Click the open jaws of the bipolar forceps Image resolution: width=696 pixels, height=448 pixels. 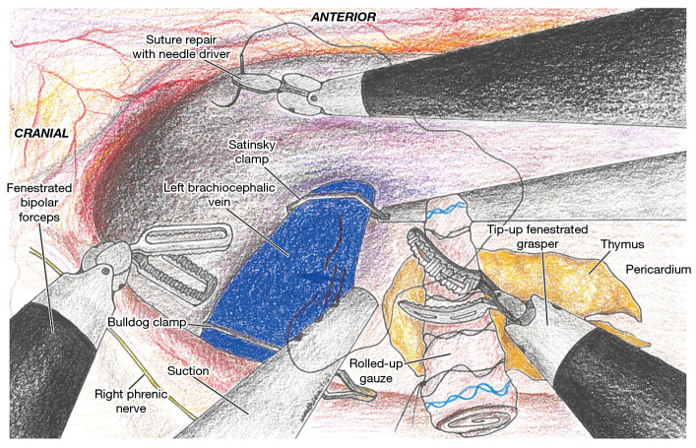pos(177,261)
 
